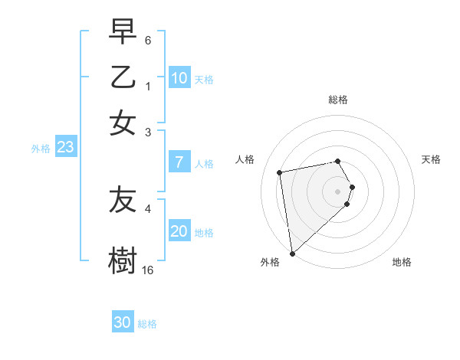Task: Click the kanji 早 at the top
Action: point(123,33)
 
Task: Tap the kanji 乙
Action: point(123,78)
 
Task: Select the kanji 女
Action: point(123,123)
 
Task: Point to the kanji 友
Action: point(123,201)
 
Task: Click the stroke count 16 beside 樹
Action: point(148,270)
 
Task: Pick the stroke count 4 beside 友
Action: point(148,208)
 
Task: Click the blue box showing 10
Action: point(179,78)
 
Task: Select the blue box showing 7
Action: point(179,162)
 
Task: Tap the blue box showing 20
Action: point(179,231)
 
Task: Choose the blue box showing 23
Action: point(65,148)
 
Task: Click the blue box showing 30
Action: point(123,322)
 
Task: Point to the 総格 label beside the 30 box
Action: point(147,324)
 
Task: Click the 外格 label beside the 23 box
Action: point(41,149)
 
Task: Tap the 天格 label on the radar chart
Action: point(431,159)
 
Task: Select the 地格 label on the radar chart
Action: point(402,262)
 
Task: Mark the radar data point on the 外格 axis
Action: point(292,253)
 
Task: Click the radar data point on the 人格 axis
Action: point(280,172)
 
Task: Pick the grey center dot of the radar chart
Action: point(338,190)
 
